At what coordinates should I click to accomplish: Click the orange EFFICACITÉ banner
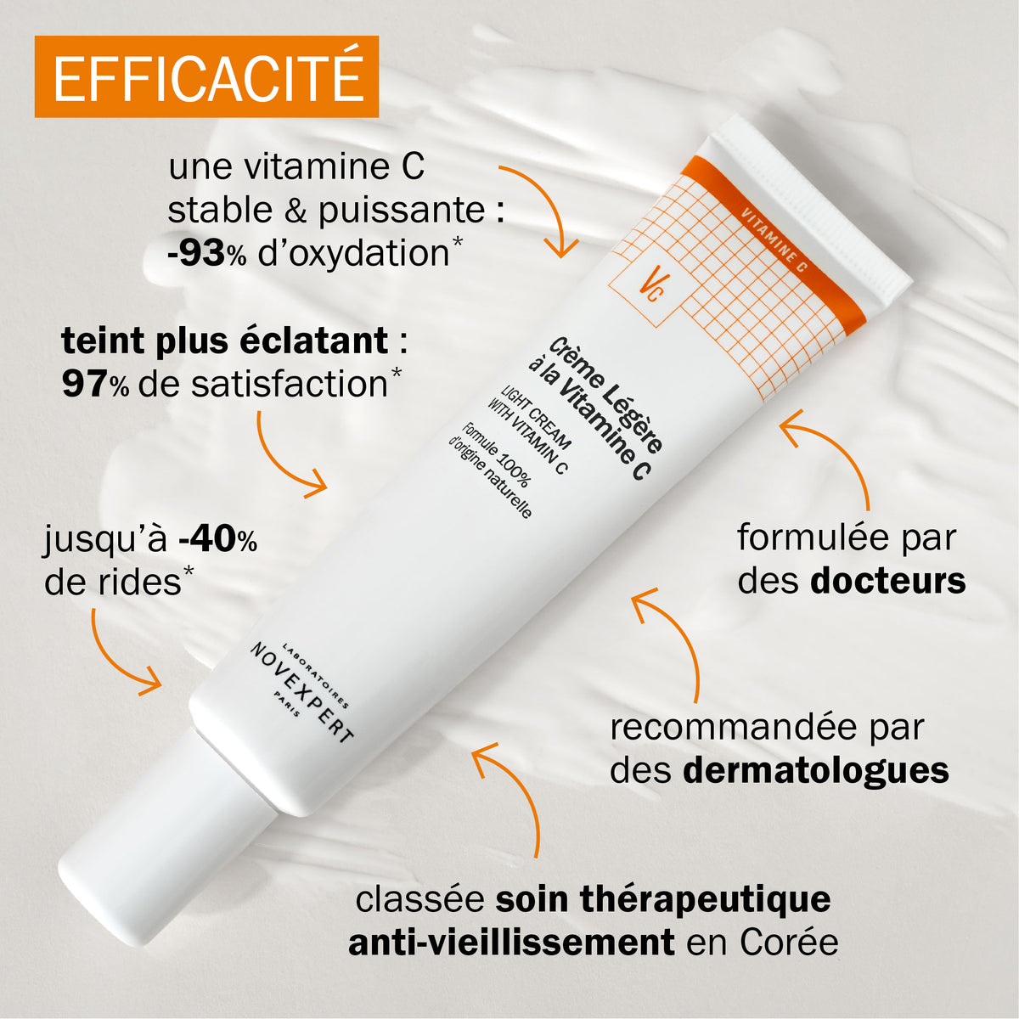pos(206,76)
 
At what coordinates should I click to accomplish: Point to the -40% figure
pos(217,539)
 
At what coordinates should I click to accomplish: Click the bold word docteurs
pos(887,582)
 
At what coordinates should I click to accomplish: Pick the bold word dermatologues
pos(815,771)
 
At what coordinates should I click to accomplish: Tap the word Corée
pos(789,943)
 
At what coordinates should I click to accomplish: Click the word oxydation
pos(352,254)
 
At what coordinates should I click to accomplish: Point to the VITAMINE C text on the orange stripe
pos(773,239)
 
